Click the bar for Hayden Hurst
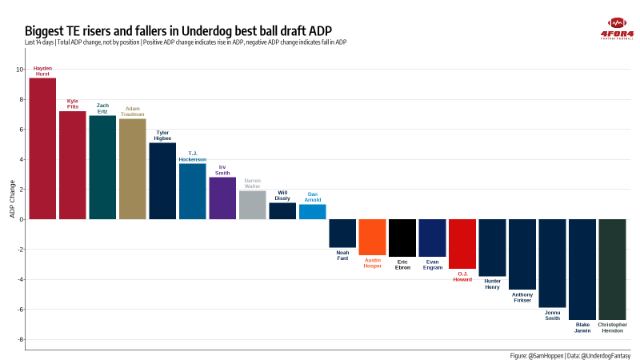[42, 148]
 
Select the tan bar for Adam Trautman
[132, 169]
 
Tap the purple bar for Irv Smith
[222, 198]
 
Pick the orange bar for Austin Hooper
[373, 237]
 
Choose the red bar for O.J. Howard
[462, 244]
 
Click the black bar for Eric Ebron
[402, 238]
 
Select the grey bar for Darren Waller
[253, 205]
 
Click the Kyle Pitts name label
[73, 104]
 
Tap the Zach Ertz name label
[102, 108]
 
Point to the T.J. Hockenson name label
[193, 156]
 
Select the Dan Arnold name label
[313, 197]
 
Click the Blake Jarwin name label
[582, 327]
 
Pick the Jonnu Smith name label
[553, 315]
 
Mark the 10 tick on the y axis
[19, 69]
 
